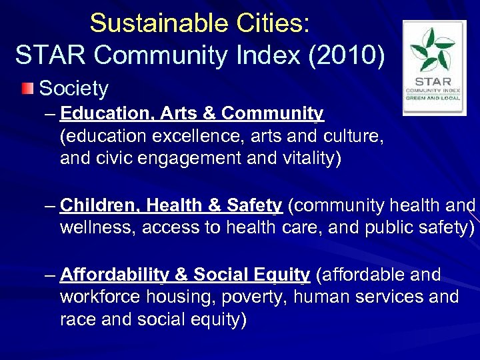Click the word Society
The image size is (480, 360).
pyautogui.click(x=74, y=88)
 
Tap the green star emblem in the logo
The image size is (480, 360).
pyautogui.click(x=435, y=50)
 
